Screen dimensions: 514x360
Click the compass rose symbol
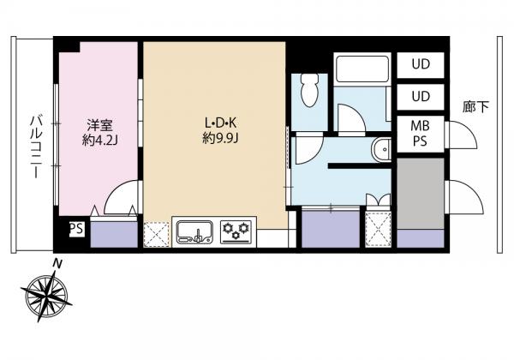coord(46,293)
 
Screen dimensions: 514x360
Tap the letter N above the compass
coord(57,264)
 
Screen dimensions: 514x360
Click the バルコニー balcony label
coord(35,147)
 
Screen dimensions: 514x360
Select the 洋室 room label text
coord(99,125)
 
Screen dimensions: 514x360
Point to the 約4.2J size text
coord(99,140)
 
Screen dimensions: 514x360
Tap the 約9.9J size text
coord(220,139)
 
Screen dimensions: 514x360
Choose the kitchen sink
coord(194,231)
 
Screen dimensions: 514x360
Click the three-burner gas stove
coord(236,231)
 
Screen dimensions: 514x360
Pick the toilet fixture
coord(310,89)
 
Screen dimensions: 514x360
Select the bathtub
coord(362,69)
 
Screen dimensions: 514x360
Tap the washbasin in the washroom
coord(381,149)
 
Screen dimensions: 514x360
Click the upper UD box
coord(421,64)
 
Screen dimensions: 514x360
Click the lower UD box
coord(421,97)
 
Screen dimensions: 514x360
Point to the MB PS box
coord(421,134)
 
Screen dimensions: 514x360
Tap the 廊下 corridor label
coord(475,106)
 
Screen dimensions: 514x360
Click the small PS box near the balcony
coord(77,229)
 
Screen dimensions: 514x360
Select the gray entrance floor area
coord(421,194)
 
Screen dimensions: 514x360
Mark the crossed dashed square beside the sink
coord(157,234)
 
